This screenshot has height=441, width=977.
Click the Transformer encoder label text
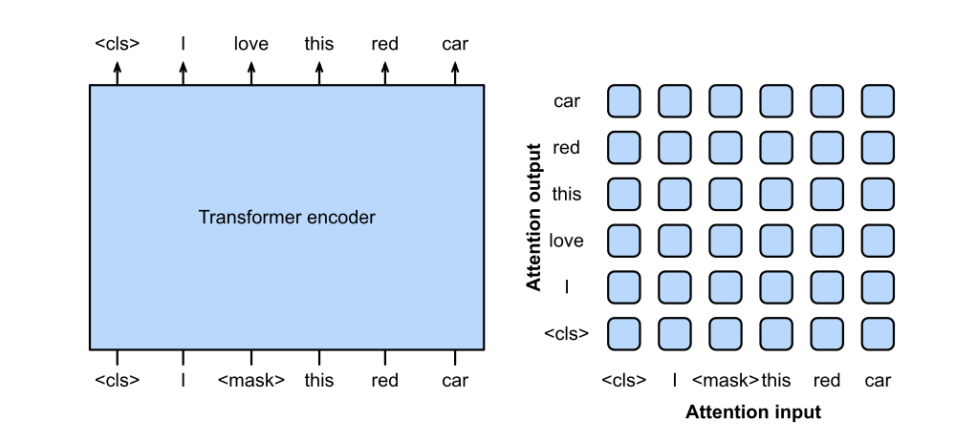click(x=287, y=218)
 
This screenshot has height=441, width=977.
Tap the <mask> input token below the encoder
click(x=251, y=380)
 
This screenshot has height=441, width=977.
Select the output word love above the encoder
click(x=251, y=44)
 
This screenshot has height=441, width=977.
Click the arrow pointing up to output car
click(x=455, y=72)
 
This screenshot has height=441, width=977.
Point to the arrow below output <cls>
click(x=118, y=72)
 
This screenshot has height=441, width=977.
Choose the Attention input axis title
click(x=753, y=412)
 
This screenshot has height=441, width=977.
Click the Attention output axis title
click(x=534, y=217)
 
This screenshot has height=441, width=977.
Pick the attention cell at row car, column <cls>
click(x=624, y=101)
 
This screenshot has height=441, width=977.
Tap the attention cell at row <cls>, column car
click(x=878, y=333)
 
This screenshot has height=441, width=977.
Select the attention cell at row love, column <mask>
click(x=726, y=241)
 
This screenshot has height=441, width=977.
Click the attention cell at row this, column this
click(x=776, y=194)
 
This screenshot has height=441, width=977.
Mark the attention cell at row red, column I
click(x=675, y=148)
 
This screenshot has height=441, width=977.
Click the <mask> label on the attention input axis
click(x=726, y=380)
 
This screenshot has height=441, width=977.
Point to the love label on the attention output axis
click(x=567, y=241)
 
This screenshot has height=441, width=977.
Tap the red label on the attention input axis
click(x=827, y=380)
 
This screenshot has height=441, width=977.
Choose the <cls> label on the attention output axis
click(x=567, y=333)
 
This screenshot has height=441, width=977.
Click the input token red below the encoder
click(x=385, y=380)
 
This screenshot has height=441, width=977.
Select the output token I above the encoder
click(x=184, y=44)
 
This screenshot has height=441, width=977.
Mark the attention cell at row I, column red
click(x=827, y=286)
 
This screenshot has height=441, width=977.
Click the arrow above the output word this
click(x=319, y=72)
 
